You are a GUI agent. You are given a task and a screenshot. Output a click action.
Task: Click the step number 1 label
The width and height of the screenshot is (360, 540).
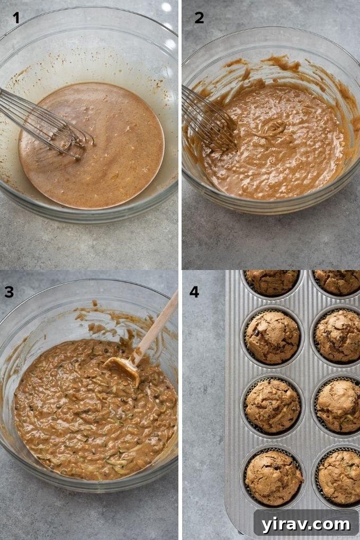tap(16, 18)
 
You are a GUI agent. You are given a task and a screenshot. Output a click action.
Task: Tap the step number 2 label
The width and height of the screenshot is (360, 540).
tap(199, 18)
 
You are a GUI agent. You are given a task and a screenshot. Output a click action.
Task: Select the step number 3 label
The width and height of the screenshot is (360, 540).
tap(9, 292)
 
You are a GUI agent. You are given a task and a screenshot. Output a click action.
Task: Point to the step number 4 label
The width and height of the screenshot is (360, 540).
tap(194, 292)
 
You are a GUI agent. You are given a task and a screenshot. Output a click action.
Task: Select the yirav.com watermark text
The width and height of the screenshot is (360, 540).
tap(305, 524)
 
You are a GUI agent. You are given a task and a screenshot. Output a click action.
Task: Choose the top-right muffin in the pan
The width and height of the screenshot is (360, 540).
tap(338, 281)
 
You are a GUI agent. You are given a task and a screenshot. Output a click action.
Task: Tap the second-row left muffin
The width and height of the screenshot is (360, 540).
tap(272, 337)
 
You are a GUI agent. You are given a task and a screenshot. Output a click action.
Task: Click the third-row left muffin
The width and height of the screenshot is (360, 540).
tap(272, 405)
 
